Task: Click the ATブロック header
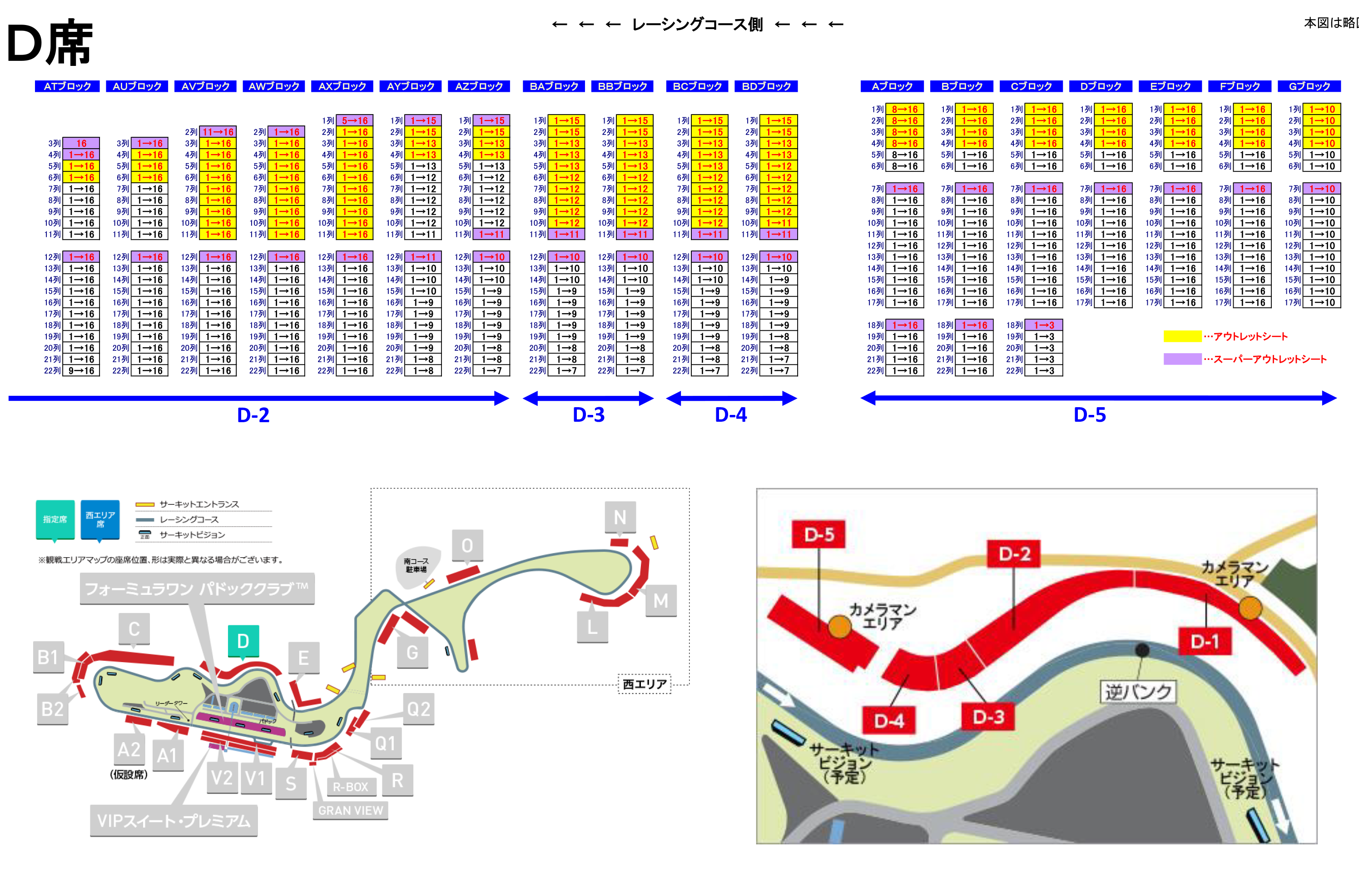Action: pos(67,86)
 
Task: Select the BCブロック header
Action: pos(697,86)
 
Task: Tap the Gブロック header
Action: pos(1309,86)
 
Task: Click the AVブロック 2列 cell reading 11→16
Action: pos(218,132)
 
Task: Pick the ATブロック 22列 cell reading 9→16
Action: pos(81,371)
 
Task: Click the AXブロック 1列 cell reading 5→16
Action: pos(355,120)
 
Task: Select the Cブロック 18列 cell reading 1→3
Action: pos(1044,325)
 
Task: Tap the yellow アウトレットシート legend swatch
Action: pos(1182,336)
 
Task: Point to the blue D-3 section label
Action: pos(588,414)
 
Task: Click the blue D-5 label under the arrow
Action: pos(1090,414)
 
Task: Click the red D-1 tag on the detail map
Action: pos(1205,641)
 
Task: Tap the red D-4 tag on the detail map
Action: pos(889,721)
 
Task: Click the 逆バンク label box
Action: pos(1138,692)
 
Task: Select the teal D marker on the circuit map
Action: pos(243,641)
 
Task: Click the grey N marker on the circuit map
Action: pos(620,518)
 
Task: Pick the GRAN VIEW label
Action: pos(351,810)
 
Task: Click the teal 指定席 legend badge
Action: pos(55,519)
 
